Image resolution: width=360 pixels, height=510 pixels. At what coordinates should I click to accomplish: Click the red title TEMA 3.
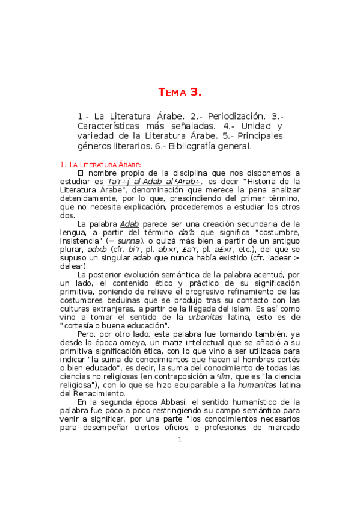click(x=180, y=92)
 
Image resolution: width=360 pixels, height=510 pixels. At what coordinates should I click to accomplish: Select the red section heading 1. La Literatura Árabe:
click(x=100, y=164)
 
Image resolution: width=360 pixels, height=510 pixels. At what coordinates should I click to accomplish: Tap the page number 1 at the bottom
click(x=180, y=440)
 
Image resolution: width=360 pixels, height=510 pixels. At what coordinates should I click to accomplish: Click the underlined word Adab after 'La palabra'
click(x=129, y=224)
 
